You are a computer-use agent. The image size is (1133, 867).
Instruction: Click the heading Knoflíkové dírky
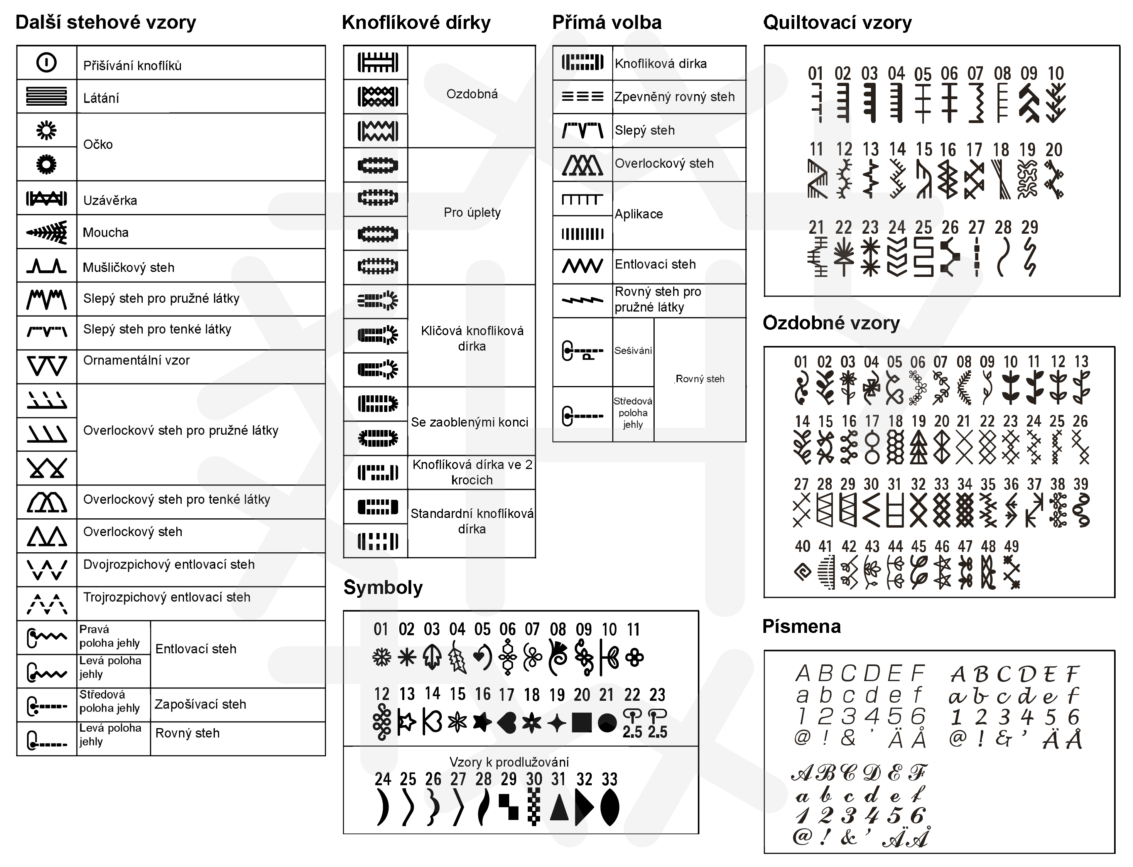coord(416,23)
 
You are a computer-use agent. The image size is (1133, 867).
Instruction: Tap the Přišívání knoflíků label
coord(132,66)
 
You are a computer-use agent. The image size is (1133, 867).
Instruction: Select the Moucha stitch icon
coord(46,232)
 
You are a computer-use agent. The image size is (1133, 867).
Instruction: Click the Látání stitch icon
coord(46,96)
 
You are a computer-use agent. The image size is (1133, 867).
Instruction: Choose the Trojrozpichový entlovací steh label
coord(167,597)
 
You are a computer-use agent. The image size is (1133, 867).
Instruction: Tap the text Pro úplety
coord(472,213)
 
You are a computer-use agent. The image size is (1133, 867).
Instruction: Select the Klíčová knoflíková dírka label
coord(472,338)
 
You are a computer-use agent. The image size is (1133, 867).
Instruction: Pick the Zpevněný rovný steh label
coord(674,97)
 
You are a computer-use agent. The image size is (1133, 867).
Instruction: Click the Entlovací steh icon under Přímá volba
coord(582,266)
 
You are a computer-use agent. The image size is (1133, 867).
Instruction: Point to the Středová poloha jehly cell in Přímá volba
coord(633,413)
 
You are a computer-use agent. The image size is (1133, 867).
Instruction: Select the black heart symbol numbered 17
coord(507,722)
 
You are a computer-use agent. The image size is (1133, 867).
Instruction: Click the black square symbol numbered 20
coord(582,722)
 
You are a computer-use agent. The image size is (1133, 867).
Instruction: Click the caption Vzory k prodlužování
coord(509,762)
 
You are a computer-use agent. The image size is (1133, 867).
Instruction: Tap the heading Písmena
coord(801,626)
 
